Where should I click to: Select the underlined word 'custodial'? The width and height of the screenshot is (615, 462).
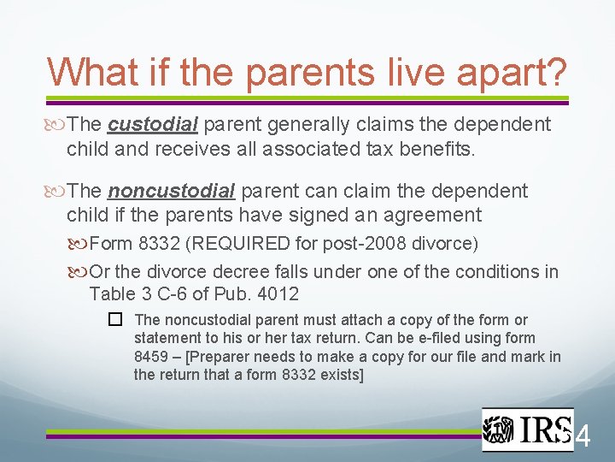coord(154,125)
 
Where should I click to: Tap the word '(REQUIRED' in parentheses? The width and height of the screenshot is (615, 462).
coord(236,244)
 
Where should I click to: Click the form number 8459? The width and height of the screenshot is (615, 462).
coord(154,356)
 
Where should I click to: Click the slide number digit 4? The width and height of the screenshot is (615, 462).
coord(583,437)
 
